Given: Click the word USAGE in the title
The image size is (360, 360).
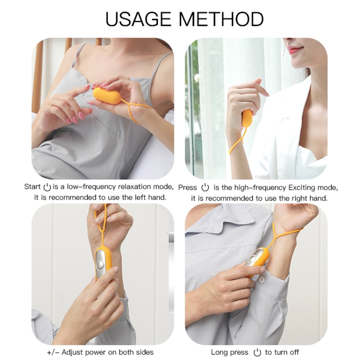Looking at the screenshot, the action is pos(138,19).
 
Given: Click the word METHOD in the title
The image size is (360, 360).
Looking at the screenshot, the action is pos(221,19).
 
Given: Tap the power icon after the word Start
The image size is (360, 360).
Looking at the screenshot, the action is pos(47,187).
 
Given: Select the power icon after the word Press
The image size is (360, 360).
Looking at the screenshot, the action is pos(205,188).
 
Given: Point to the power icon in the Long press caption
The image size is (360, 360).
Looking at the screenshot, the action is pos(257,352).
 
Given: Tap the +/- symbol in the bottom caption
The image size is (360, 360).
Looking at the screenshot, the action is pos(53,352).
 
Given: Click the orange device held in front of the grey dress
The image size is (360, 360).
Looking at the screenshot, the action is pos(107,96).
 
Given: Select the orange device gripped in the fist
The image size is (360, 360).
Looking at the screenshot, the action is pos(247,119).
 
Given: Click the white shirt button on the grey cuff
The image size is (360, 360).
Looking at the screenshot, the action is pos(261,279).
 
